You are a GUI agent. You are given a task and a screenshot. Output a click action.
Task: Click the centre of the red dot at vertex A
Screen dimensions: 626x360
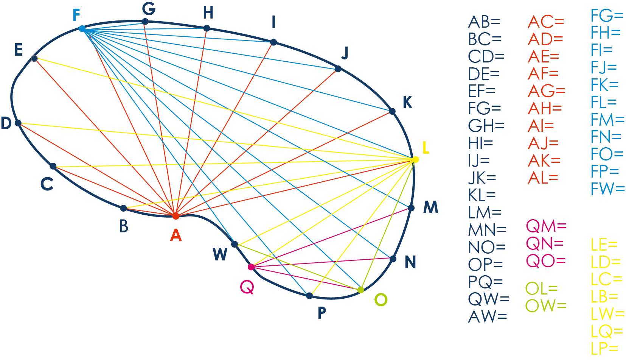[x=176, y=216]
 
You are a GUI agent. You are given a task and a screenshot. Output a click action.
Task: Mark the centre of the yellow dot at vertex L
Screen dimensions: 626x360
[x=416, y=159]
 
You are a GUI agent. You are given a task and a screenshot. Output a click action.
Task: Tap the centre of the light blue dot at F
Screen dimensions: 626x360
[x=82, y=28]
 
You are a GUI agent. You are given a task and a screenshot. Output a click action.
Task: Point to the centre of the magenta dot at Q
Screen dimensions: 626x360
[x=251, y=267]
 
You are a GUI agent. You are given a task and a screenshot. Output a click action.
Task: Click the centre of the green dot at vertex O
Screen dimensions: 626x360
[x=361, y=290]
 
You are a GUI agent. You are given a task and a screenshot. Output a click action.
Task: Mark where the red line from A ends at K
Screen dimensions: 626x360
[x=392, y=111]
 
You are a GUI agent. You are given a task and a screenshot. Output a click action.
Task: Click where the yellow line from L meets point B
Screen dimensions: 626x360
[x=124, y=208]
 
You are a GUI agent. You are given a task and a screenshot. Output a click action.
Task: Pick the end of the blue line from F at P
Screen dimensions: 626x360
[x=309, y=296]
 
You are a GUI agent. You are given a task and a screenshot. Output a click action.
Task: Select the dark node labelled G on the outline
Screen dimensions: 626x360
[x=145, y=22]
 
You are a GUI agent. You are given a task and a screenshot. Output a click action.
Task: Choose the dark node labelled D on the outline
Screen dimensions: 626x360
[x=18, y=123]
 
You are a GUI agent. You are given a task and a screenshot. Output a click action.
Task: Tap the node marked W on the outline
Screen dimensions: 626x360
[x=235, y=244]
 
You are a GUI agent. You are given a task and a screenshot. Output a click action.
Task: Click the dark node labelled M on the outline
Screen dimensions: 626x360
[x=411, y=208]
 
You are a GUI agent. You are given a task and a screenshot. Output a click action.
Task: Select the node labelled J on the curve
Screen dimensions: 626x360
[x=338, y=69]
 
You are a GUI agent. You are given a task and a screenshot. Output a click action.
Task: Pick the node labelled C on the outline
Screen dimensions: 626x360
[x=53, y=166]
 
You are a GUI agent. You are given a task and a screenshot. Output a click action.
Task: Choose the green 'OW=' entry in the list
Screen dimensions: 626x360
[x=545, y=305]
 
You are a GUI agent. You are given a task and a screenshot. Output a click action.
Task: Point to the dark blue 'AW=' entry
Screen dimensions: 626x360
[x=488, y=316]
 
